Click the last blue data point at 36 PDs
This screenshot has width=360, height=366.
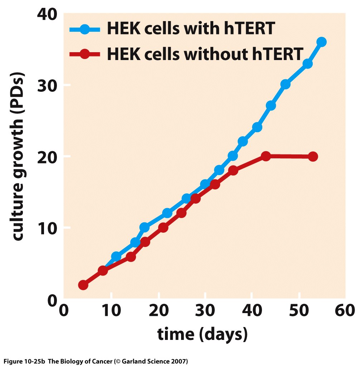click(x=321, y=42)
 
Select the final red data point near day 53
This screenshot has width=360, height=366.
click(x=313, y=157)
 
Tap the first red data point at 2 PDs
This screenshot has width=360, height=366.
click(x=83, y=285)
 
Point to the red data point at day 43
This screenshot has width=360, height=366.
click(x=266, y=156)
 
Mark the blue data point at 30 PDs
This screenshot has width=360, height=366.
click(x=285, y=84)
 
